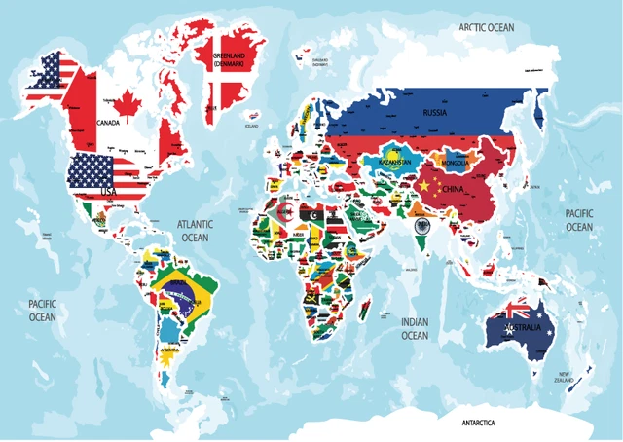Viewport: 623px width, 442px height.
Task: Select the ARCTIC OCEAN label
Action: click(486, 28)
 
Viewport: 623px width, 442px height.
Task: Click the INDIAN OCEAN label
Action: click(415, 328)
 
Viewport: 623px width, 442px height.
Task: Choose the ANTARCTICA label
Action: click(478, 424)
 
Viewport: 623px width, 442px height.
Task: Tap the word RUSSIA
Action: click(435, 113)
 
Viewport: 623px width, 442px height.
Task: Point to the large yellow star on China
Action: click(423, 183)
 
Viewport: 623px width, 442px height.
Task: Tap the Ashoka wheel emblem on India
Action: click(421, 226)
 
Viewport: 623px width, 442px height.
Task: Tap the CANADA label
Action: click(106, 123)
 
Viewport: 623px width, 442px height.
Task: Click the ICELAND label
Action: click(252, 126)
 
